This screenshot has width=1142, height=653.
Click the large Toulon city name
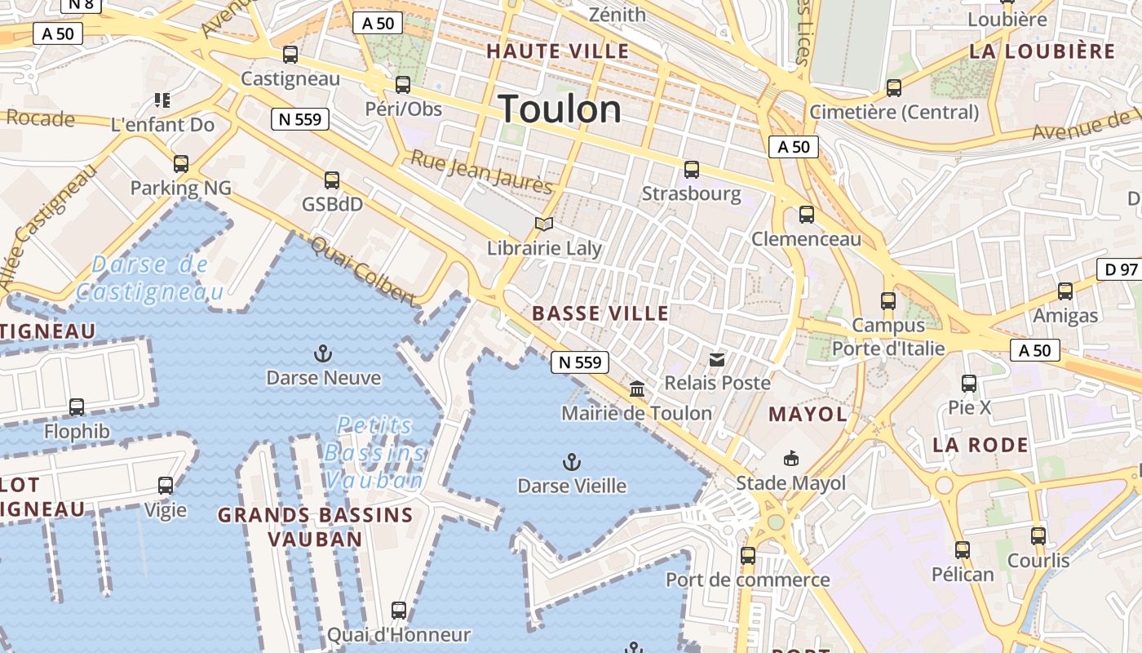click(x=560, y=109)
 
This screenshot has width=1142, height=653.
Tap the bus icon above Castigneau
click(x=290, y=55)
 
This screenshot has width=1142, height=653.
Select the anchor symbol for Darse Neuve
click(x=324, y=353)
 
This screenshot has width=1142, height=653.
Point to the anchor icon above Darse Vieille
click(x=572, y=463)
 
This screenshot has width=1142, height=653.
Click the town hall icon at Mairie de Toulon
click(x=637, y=389)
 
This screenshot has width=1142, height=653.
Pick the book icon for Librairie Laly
click(x=544, y=224)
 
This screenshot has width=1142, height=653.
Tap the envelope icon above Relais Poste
click(x=717, y=359)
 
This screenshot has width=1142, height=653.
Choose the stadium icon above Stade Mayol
click(x=790, y=459)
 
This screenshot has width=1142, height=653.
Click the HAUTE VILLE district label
click(x=558, y=51)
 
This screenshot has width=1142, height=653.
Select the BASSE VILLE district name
click(x=600, y=313)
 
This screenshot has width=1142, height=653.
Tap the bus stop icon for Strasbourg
click(x=692, y=170)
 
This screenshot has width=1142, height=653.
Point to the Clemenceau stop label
click(x=806, y=239)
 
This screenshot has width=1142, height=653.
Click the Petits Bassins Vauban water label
click(x=374, y=452)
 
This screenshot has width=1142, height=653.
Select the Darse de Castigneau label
click(x=150, y=278)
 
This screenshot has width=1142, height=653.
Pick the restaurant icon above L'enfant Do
click(x=162, y=100)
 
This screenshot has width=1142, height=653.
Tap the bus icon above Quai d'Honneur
click(x=399, y=610)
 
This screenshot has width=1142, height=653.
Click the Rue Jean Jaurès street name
click(x=481, y=171)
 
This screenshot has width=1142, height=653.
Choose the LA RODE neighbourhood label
click(x=980, y=445)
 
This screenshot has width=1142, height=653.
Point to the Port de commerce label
click(x=747, y=580)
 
